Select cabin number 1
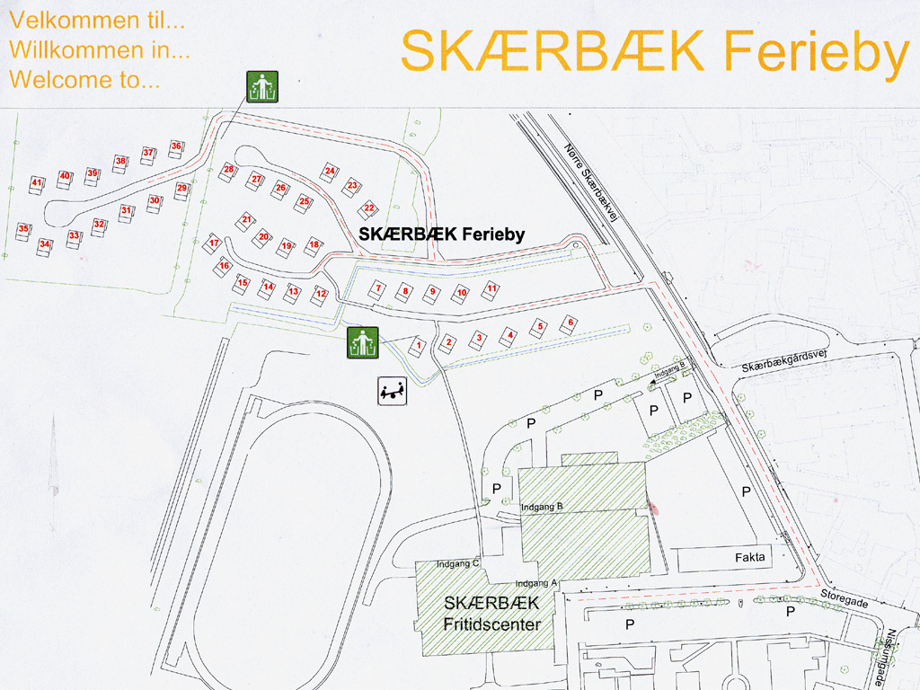click(x=418, y=344)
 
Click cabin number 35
click(x=23, y=229)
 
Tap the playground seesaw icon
click(x=392, y=391)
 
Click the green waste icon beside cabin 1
click(x=363, y=342)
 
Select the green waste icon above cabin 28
click(x=262, y=87)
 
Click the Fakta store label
click(x=750, y=557)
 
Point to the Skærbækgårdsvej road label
click(x=783, y=360)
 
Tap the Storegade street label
click(x=845, y=599)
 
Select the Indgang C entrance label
click(x=459, y=564)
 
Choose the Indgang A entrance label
click(x=536, y=582)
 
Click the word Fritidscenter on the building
click(x=491, y=623)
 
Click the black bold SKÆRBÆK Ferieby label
click(x=441, y=234)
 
